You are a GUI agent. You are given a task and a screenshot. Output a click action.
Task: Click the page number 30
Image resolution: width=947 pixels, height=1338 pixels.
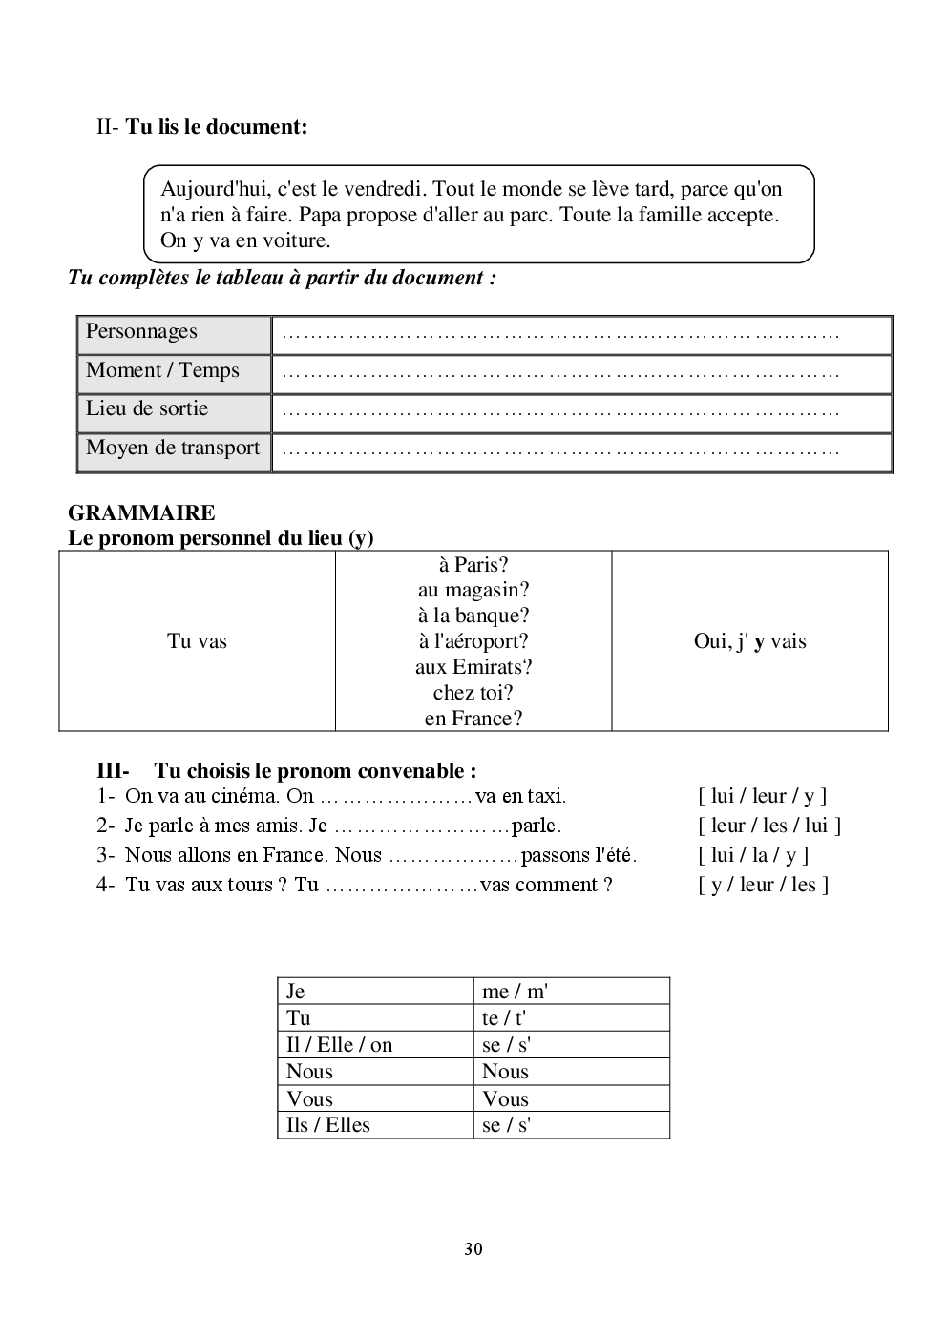coord(473,1249)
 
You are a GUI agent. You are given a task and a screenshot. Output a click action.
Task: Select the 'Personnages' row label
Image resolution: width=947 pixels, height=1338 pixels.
coord(141,332)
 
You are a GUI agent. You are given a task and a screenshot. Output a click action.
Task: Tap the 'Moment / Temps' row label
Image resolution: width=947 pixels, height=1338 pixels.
coord(162,371)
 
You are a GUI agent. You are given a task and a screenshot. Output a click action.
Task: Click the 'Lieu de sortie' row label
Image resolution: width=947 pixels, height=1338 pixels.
coord(147,409)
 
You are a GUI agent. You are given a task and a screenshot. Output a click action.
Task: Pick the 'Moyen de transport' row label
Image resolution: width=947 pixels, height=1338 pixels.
coord(173,449)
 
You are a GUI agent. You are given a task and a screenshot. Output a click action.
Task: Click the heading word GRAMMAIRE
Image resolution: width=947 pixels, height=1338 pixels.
coord(141,513)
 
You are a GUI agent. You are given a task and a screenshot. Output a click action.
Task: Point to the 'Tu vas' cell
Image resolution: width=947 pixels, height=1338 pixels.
coord(197,641)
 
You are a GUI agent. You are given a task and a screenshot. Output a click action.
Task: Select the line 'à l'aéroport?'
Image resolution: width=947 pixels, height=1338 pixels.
coord(473,641)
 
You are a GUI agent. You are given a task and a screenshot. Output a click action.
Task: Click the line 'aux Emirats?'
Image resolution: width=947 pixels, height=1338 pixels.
coord(473,667)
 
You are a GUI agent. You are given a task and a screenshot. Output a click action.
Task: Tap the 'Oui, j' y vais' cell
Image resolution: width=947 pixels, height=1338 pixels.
coord(749,641)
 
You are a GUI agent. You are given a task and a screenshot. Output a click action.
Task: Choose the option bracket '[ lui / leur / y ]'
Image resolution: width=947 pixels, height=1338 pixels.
coord(762,796)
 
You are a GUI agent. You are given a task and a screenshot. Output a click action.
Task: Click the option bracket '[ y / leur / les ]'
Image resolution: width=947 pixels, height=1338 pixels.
coord(763,885)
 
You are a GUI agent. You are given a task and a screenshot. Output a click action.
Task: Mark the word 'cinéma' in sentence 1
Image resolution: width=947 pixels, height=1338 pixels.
coord(250,796)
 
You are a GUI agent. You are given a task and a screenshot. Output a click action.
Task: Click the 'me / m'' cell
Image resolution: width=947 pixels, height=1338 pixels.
coord(515,992)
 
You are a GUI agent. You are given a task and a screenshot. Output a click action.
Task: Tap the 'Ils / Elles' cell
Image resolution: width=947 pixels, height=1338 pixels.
coord(327,1125)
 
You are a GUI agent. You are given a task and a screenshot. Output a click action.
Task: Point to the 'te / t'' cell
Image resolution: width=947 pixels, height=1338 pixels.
coord(504,1018)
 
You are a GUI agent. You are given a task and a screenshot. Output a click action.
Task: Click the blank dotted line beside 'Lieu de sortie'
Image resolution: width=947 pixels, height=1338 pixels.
coord(561,412)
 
